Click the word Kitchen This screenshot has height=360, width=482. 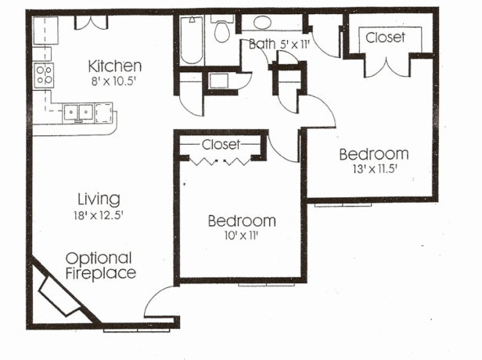coord(114,66)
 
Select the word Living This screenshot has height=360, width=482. coord(99,197)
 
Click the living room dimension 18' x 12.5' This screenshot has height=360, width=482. coord(99,213)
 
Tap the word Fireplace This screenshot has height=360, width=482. coord(100,273)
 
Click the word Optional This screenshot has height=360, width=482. coord(99,257)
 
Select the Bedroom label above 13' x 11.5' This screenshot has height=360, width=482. coord(373,153)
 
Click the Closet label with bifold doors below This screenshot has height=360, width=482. coord(221,145)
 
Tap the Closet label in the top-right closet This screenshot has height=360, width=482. coord(386,37)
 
